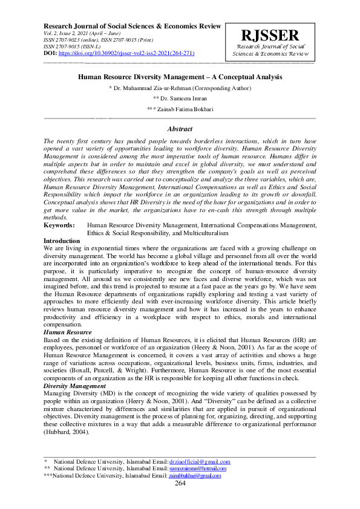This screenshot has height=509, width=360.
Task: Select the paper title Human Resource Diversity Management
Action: [180, 77]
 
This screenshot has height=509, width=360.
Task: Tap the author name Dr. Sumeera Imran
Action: [180, 98]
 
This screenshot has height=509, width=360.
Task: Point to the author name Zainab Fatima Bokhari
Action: [180, 109]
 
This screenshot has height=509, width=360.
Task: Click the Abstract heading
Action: [180, 129]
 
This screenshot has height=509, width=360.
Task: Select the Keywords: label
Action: [59, 225]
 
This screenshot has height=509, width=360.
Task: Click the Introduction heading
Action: [62, 241]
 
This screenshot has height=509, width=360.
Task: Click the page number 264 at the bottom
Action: [180, 483]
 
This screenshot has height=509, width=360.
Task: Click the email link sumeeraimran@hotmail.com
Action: [198, 468]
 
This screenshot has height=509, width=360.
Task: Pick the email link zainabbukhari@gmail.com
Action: [195, 476]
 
